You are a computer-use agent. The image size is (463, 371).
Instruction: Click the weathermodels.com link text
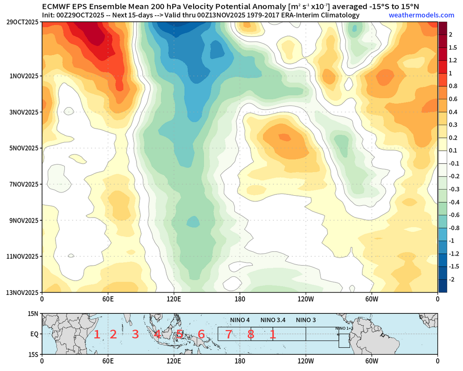[x=415, y=15]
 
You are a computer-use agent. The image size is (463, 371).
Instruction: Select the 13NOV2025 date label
[x=21, y=292]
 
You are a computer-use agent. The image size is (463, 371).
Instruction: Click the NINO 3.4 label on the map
[x=273, y=320]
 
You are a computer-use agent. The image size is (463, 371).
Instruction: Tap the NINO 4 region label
[x=240, y=320]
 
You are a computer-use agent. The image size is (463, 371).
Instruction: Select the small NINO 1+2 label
[x=344, y=328]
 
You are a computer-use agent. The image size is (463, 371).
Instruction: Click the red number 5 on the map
[x=179, y=334]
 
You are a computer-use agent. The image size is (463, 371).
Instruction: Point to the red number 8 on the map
[x=250, y=334]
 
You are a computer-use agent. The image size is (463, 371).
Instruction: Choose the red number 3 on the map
[x=135, y=334]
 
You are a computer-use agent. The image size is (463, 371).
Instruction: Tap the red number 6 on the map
[x=201, y=334]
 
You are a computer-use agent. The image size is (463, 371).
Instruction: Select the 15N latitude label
[x=34, y=314]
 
